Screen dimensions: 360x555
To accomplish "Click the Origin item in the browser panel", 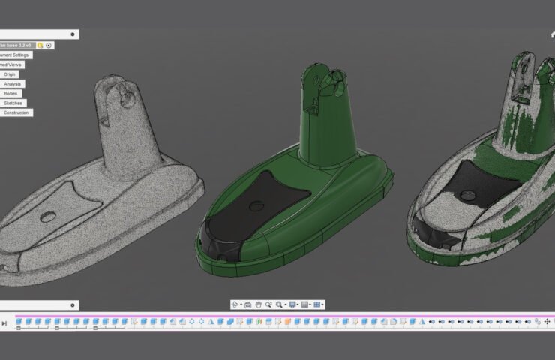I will coord(10,74).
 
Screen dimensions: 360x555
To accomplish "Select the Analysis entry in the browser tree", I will coord(12,84).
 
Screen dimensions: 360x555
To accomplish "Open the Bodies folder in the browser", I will coord(11,94).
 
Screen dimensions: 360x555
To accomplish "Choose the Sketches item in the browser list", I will coord(13,103).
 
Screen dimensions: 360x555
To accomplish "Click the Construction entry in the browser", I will coord(16,112).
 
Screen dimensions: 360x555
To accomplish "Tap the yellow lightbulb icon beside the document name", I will coord(40,45).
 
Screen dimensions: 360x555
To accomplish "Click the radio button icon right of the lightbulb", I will coord(49,45).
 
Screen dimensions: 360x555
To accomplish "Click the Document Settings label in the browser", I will coord(15,55).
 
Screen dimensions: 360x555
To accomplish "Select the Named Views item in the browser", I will coord(12,64).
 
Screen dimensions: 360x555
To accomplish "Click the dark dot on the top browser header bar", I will coord(73,34).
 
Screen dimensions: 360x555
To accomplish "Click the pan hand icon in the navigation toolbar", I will coord(259,304).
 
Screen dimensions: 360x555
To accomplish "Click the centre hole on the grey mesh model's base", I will coord(49,217).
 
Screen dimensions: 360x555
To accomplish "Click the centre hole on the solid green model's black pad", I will coord(258,204).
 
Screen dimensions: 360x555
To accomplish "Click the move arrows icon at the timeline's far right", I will coord(547,322).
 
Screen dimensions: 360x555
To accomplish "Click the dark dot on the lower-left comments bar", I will coord(73,305).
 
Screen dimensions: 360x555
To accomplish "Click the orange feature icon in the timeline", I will coord(286,322).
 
